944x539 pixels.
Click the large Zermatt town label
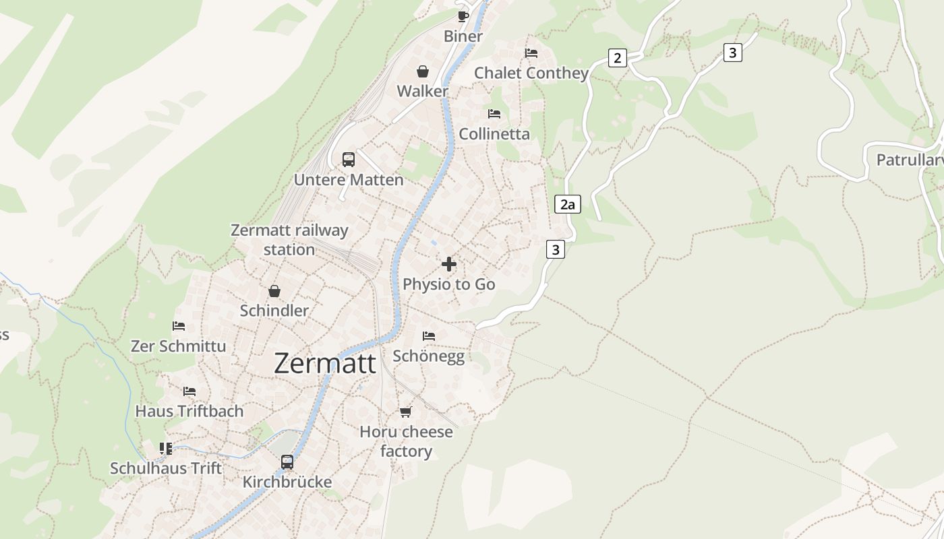pyautogui.click(x=325, y=364)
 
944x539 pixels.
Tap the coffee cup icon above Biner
pyautogui.click(x=463, y=16)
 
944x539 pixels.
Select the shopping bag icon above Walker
pyautogui.click(x=423, y=71)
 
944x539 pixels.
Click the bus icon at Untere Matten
pyautogui.click(x=348, y=160)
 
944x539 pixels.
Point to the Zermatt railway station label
pyautogui.click(x=289, y=240)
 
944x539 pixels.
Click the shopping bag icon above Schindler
pyautogui.click(x=274, y=291)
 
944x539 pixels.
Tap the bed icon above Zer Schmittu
pyautogui.click(x=179, y=326)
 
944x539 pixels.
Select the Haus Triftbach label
pyautogui.click(x=189, y=411)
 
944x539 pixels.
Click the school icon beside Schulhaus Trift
pyautogui.click(x=166, y=448)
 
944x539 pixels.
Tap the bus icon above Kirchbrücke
pyautogui.click(x=287, y=462)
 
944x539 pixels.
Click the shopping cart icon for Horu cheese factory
pyautogui.click(x=405, y=412)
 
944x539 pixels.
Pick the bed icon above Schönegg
pyautogui.click(x=429, y=336)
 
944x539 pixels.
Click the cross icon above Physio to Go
pyautogui.click(x=449, y=264)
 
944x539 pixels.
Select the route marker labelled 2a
pyautogui.click(x=568, y=204)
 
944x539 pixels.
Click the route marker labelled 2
pyautogui.click(x=617, y=58)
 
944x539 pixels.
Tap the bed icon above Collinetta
pyautogui.click(x=494, y=114)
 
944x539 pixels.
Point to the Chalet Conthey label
pyautogui.click(x=531, y=73)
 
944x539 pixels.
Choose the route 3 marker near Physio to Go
pyautogui.click(x=555, y=250)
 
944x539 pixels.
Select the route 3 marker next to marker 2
pyautogui.click(x=733, y=53)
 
